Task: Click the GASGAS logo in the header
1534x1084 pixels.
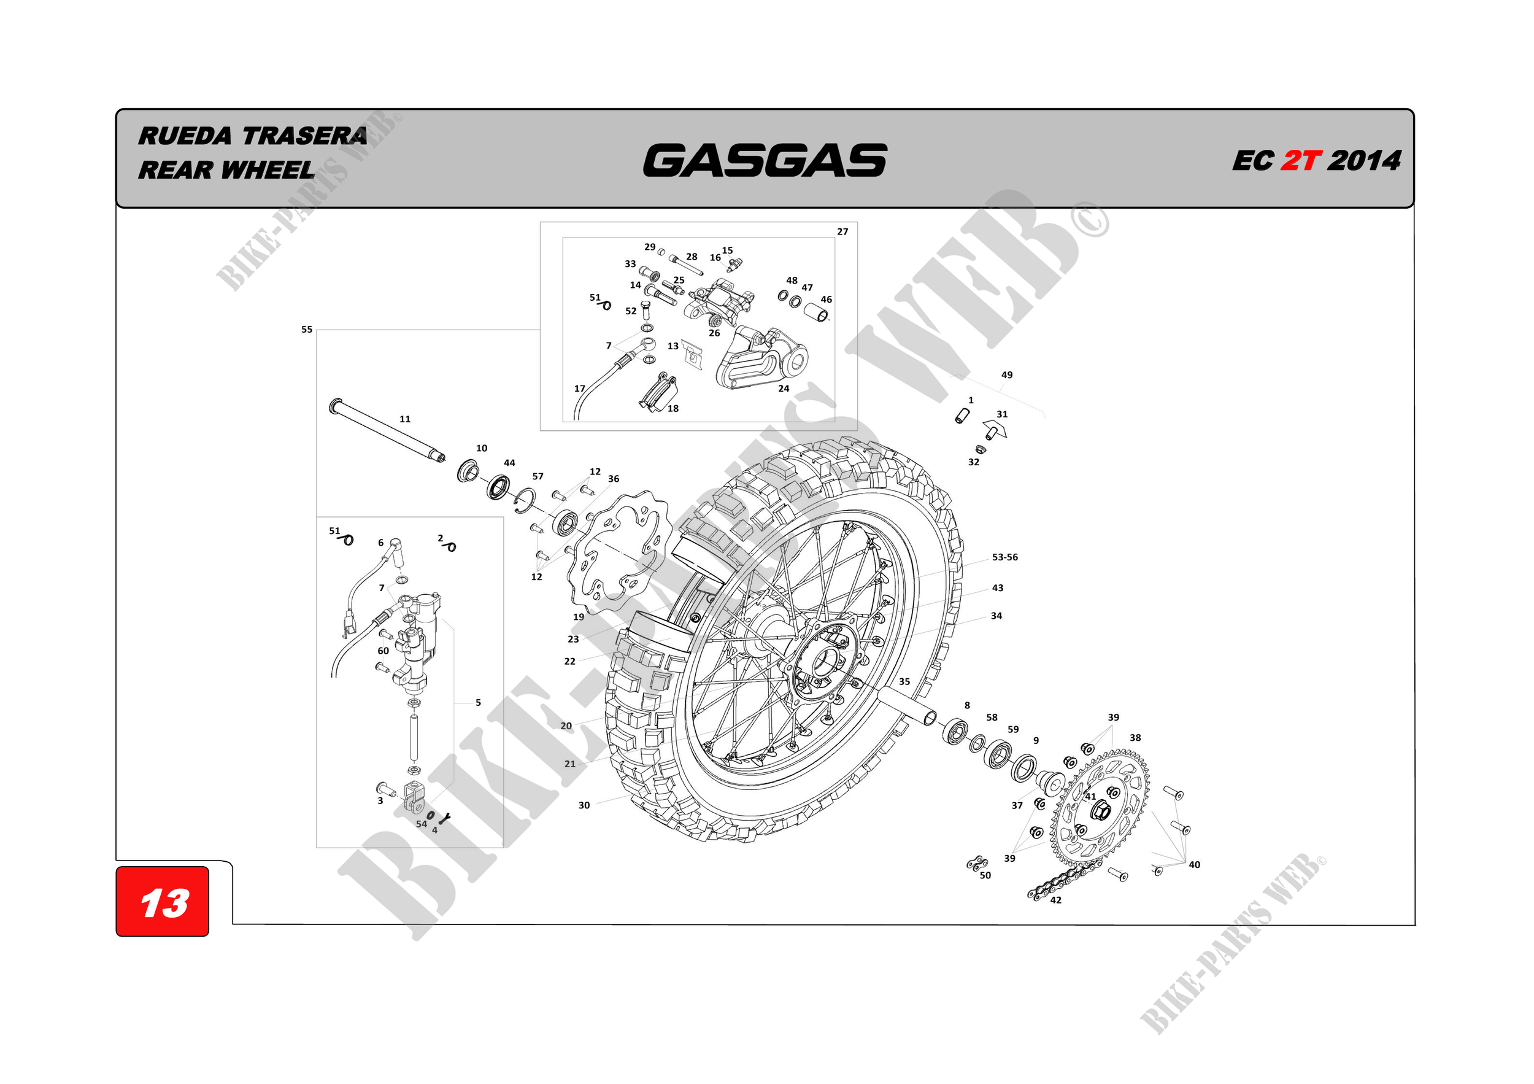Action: pyautogui.click(x=765, y=161)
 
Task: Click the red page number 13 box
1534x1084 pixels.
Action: pyautogui.click(x=163, y=902)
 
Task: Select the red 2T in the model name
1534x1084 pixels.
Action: pyautogui.click(x=1300, y=161)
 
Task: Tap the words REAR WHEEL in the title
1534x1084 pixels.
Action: pyautogui.click(x=226, y=171)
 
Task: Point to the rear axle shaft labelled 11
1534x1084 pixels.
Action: pyautogui.click(x=388, y=431)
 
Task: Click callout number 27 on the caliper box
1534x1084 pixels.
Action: pyautogui.click(x=842, y=232)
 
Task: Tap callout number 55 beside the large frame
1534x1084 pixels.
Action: pyautogui.click(x=307, y=330)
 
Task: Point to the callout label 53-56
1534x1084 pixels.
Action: pyautogui.click(x=1004, y=557)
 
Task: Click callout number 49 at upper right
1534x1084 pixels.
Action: pyautogui.click(x=1006, y=376)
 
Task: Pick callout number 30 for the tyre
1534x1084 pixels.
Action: pyautogui.click(x=584, y=805)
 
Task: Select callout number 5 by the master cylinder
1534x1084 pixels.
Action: pyautogui.click(x=478, y=702)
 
